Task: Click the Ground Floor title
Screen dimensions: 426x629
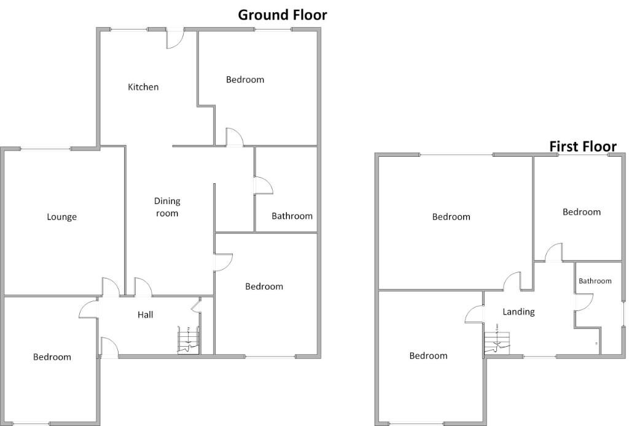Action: [x=283, y=15]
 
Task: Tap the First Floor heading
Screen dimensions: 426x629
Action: [x=582, y=146]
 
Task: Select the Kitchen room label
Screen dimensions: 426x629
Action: [x=143, y=87]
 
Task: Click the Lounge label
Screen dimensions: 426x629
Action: [x=62, y=217]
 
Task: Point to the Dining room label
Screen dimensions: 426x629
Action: [x=167, y=207]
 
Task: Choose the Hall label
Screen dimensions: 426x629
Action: [x=146, y=315]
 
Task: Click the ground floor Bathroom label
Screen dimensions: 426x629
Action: [x=292, y=216]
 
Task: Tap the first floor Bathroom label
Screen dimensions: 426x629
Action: [x=595, y=281]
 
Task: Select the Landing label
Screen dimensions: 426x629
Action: [x=518, y=312]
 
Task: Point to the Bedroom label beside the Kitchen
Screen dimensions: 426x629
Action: [x=245, y=79]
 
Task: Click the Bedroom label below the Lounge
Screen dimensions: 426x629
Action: [x=52, y=357]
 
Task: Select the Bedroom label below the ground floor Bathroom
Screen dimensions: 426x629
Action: [x=264, y=286]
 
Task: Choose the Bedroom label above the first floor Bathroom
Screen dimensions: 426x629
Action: [x=582, y=212]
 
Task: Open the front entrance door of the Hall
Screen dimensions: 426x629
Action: [x=108, y=348]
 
